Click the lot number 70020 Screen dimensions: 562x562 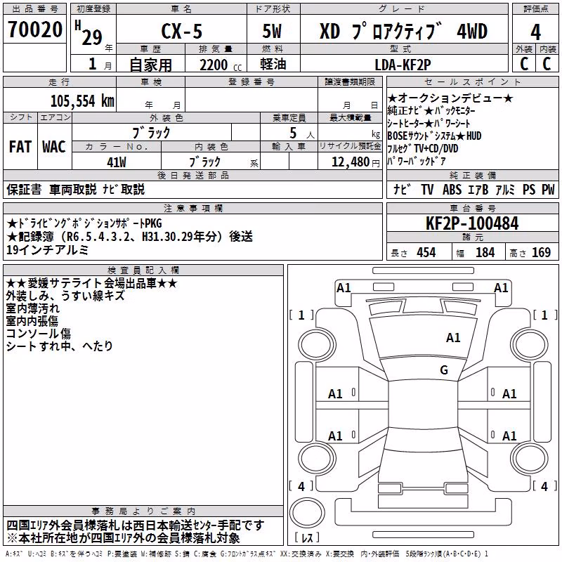tap(35, 29)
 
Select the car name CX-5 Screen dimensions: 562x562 tap(182, 31)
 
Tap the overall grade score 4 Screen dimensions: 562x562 tap(535, 32)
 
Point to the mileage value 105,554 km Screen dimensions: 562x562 tap(82, 101)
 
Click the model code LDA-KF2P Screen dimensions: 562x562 tap(403, 65)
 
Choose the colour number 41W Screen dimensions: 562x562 tap(117, 162)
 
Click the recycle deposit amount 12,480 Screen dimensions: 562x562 tap(350, 162)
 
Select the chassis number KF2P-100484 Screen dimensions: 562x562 tap(472, 223)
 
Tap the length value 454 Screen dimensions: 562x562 tap(426, 252)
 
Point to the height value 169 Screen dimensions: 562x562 tap(541, 252)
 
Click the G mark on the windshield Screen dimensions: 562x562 tap(444, 370)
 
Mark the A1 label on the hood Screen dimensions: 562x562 tap(453, 338)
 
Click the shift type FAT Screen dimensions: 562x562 tap(20, 147)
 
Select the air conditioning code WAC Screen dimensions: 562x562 tap(54, 147)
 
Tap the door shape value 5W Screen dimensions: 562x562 tap(272, 31)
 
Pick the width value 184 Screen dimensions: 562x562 tap(485, 252)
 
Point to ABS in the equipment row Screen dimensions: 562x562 tap(452, 190)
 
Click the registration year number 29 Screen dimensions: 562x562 tap(92, 37)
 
